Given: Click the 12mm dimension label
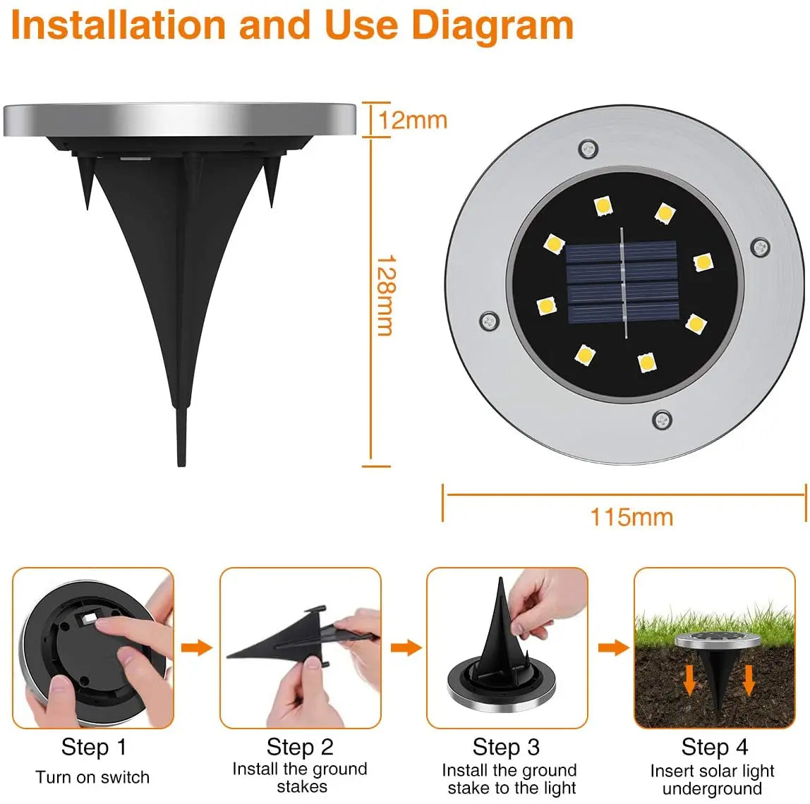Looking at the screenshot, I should pyautogui.click(x=413, y=120).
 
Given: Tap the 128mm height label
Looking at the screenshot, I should pyautogui.click(x=385, y=296).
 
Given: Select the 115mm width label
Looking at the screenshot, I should pyautogui.click(x=631, y=517).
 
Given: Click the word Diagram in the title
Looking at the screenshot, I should pyautogui.click(x=492, y=25).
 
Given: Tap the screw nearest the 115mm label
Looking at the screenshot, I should pyautogui.click(x=662, y=420).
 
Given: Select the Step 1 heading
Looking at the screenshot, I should pyautogui.click(x=93, y=747).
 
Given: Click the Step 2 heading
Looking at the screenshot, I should pyautogui.click(x=300, y=747).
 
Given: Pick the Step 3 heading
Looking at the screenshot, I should pyautogui.click(x=506, y=747).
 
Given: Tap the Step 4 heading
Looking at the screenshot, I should pyautogui.click(x=714, y=747).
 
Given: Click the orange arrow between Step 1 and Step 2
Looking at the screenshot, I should pyautogui.click(x=196, y=647).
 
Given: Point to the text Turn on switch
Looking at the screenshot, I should pyautogui.click(x=92, y=777).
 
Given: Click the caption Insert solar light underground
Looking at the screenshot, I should pyautogui.click(x=713, y=779).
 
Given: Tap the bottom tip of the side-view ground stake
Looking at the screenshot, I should pyautogui.click(x=181, y=462).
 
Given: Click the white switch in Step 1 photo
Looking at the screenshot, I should pyautogui.click(x=87, y=619).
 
